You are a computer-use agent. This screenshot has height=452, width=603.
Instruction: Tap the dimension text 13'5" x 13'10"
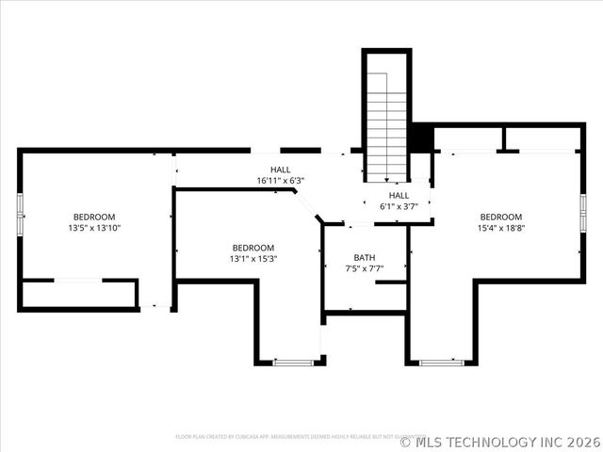click(x=94, y=228)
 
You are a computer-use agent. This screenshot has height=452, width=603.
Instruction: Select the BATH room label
click(x=365, y=257)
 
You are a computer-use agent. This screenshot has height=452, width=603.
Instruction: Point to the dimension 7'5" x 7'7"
click(x=365, y=268)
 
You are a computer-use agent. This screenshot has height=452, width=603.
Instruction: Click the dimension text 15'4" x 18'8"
click(x=500, y=228)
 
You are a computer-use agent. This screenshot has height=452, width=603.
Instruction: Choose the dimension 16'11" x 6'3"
click(x=281, y=181)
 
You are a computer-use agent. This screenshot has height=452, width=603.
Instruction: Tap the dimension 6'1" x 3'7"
click(x=399, y=206)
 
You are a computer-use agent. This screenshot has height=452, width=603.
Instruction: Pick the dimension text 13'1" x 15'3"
click(x=253, y=259)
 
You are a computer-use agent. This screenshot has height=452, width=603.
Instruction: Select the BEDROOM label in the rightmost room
click(x=500, y=217)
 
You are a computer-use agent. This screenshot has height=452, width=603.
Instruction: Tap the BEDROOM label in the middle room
click(x=253, y=248)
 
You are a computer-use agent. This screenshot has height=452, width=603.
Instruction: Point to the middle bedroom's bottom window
click(x=293, y=362)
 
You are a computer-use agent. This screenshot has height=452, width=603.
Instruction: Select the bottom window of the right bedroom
click(x=441, y=362)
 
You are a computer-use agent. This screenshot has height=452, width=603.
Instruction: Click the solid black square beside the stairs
click(x=420, y=137)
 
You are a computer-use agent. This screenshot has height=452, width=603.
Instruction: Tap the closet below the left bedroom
click(x=79, y=295)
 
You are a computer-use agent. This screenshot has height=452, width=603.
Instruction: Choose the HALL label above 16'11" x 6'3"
click(x=281, y=169)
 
